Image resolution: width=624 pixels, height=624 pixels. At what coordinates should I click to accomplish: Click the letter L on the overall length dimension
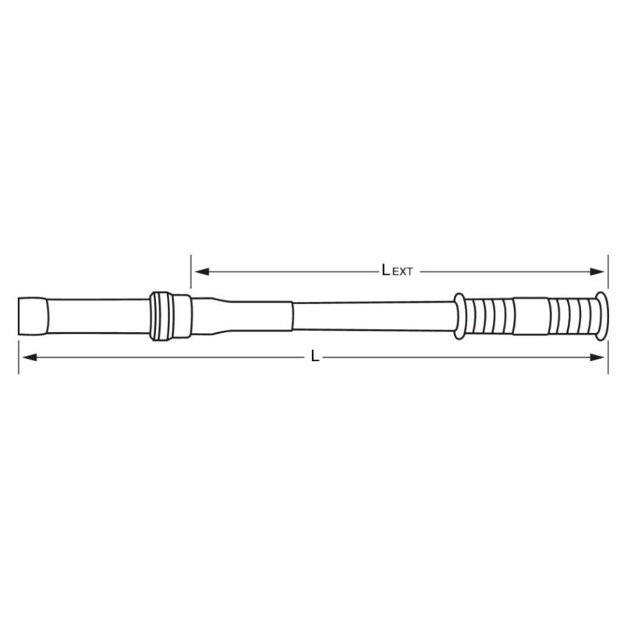(315, 356)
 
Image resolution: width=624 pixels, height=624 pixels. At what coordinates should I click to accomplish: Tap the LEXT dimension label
(397, 270)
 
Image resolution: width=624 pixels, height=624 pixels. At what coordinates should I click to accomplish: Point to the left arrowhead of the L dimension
(30, 357)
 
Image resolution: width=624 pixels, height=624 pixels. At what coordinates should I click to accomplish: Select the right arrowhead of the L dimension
(597, 357)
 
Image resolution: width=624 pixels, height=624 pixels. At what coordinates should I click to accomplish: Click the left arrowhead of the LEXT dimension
(202, 271)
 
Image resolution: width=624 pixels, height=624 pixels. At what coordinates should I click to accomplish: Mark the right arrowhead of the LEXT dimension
(597, 271)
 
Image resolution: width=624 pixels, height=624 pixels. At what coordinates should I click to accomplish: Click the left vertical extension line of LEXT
(190, 271)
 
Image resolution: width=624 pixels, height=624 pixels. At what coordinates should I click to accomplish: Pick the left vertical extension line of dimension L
(19, 357)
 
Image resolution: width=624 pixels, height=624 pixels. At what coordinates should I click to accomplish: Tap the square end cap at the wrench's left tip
(33, 317)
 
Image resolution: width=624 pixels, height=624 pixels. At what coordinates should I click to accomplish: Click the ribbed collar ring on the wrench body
(161, 316)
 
